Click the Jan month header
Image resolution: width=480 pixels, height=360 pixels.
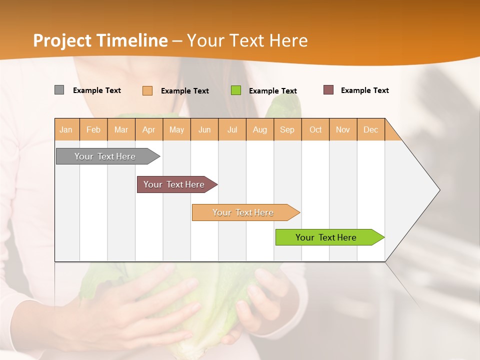(66, 129)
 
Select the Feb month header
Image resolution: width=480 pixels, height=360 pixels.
(93, 129)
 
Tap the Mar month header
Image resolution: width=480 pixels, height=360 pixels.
(121, 129)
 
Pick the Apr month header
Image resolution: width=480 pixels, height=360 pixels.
(149, 129)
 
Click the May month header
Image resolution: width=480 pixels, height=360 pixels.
(176, 129)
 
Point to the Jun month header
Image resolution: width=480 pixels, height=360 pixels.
(204, 129)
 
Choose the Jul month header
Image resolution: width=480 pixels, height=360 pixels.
(232, 129)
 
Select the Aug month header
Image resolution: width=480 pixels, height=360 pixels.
(260, 129)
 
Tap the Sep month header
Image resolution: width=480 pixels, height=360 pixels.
(287, 129)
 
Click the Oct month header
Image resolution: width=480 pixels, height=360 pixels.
(315, 129)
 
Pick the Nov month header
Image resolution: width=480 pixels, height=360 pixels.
(343, 129)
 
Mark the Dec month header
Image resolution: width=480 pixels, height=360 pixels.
(371, 129)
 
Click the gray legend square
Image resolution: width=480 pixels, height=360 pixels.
(59, 90)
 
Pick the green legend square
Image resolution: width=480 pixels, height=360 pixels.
(236, 90)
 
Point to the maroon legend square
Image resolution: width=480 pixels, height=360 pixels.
(328, 90)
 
